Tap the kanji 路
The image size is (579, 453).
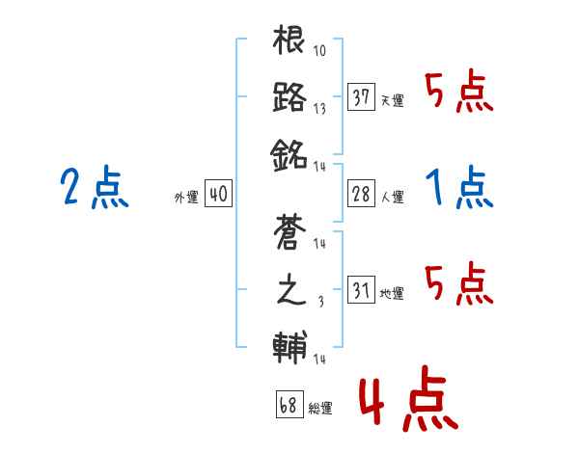[289, 96]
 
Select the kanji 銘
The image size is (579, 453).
[289, 153]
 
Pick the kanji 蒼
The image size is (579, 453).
[289, 233]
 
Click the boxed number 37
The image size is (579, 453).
[361, 97]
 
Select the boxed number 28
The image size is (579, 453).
[361, 194]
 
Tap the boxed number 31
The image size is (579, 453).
[361, 290]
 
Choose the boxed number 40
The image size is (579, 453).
[218, 194]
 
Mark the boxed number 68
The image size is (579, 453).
[288, 405]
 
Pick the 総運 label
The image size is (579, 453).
[319, 409]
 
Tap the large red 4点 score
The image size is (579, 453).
[405, 403]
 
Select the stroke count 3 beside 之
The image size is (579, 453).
[320, 302]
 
